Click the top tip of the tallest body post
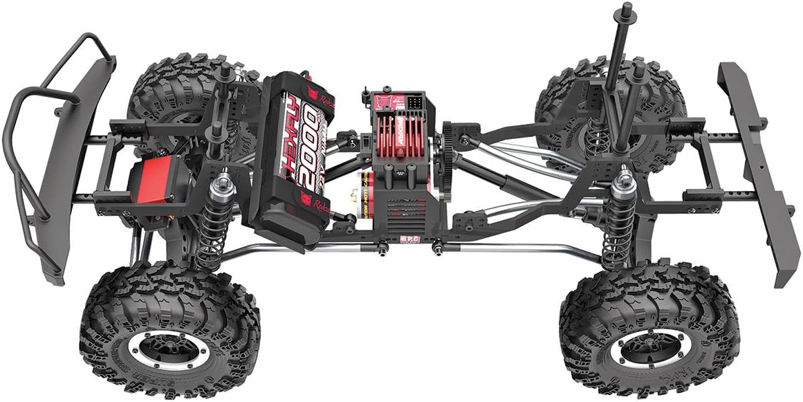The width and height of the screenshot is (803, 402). coord(627,9)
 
